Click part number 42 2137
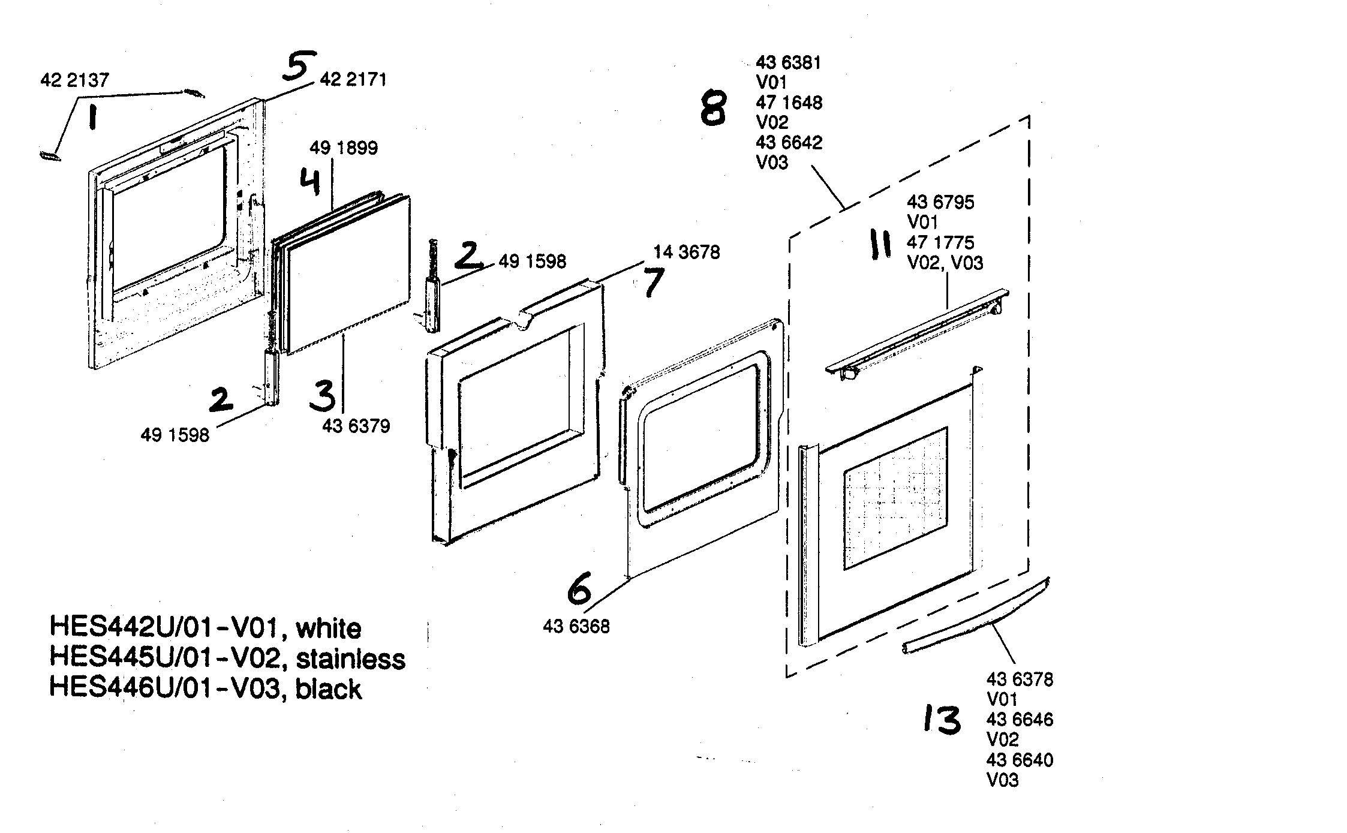tap(75, 80)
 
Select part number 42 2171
tap(353, 79)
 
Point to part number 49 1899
tap(344, 148)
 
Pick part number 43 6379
tap(356, 426)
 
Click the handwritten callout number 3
tap(323, 396)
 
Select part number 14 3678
tap(687, 252)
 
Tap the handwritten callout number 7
tap(653, 282)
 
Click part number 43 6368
tap(576, 627)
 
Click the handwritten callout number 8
tap(714, 109)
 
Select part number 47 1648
tap(789, 103)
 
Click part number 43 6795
tap(940, 202)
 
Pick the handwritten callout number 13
tap(942, 720)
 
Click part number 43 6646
tap(1020, 720)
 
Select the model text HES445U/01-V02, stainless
tap(227, 658)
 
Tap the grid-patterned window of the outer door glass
tap(895, 499)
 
